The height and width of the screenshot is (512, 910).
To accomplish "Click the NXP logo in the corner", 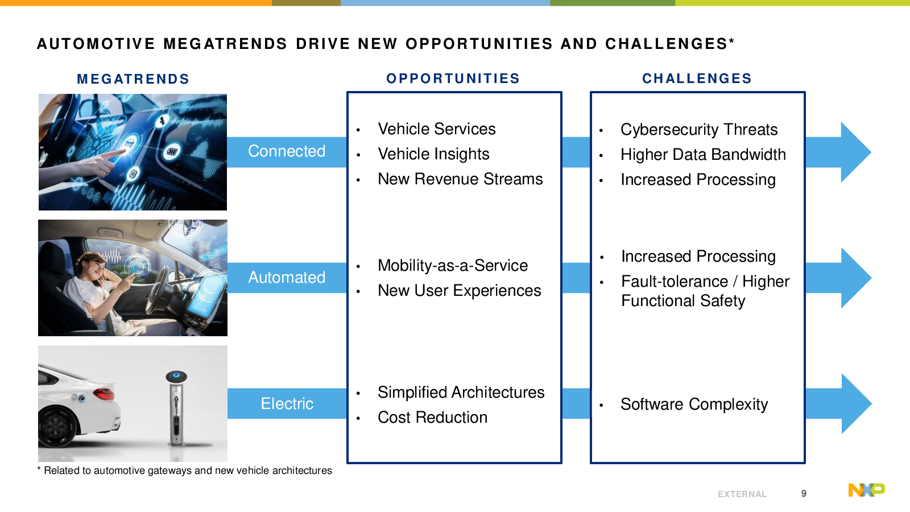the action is click(867, 490).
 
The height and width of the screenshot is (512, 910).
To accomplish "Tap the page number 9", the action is click(804, 493).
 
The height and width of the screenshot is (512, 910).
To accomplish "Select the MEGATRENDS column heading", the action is click(133, 79).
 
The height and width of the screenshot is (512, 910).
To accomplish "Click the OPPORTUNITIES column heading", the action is click(453, 79).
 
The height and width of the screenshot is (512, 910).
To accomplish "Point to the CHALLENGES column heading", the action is click(697, 79).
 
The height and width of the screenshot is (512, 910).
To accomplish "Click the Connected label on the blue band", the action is click(287, 151).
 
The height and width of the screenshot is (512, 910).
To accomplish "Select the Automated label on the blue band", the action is click(287, 278).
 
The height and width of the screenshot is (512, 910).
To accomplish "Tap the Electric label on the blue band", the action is click(287, 403).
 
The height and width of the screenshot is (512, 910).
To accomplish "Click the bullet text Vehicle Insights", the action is click(433, 154).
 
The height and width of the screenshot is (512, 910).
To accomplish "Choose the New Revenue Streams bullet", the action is click(460, 179).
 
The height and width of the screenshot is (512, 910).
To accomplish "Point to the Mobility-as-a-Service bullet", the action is click(453, 266).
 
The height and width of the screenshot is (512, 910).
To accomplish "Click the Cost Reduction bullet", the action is click(433, 418).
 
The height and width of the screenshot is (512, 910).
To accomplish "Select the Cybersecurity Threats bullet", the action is click(699, 130).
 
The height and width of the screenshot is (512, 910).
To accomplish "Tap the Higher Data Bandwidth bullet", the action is click(703, 155).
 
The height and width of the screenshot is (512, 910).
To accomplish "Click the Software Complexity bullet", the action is click(694, 404).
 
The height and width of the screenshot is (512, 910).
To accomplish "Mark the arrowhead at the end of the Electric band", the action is click(855, 403).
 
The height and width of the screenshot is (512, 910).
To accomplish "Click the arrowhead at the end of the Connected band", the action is click(855, 152).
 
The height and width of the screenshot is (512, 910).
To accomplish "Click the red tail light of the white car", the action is click(104, 393).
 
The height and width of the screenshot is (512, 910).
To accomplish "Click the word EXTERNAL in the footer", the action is click(742, 494).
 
